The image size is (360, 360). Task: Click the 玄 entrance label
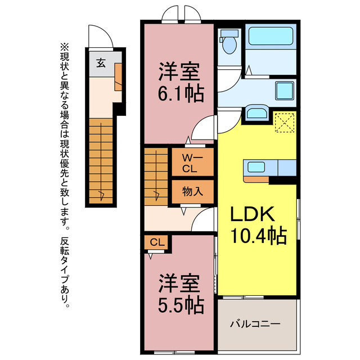pos(100,62)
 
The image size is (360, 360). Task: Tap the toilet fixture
pos(229,43)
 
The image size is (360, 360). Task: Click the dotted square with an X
pos(285,122)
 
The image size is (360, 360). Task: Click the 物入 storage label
pos(192,191)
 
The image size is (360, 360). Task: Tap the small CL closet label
pos(157,242)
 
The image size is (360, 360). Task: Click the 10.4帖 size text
pos(258,235)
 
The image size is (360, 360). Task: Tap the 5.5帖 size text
pos(180,305)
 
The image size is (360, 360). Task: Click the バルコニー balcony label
pos(255,325)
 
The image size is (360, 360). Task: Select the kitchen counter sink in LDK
pos(256,167)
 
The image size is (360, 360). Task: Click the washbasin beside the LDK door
pos(258,112)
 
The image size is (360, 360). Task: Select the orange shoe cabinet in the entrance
pos(119,77)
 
